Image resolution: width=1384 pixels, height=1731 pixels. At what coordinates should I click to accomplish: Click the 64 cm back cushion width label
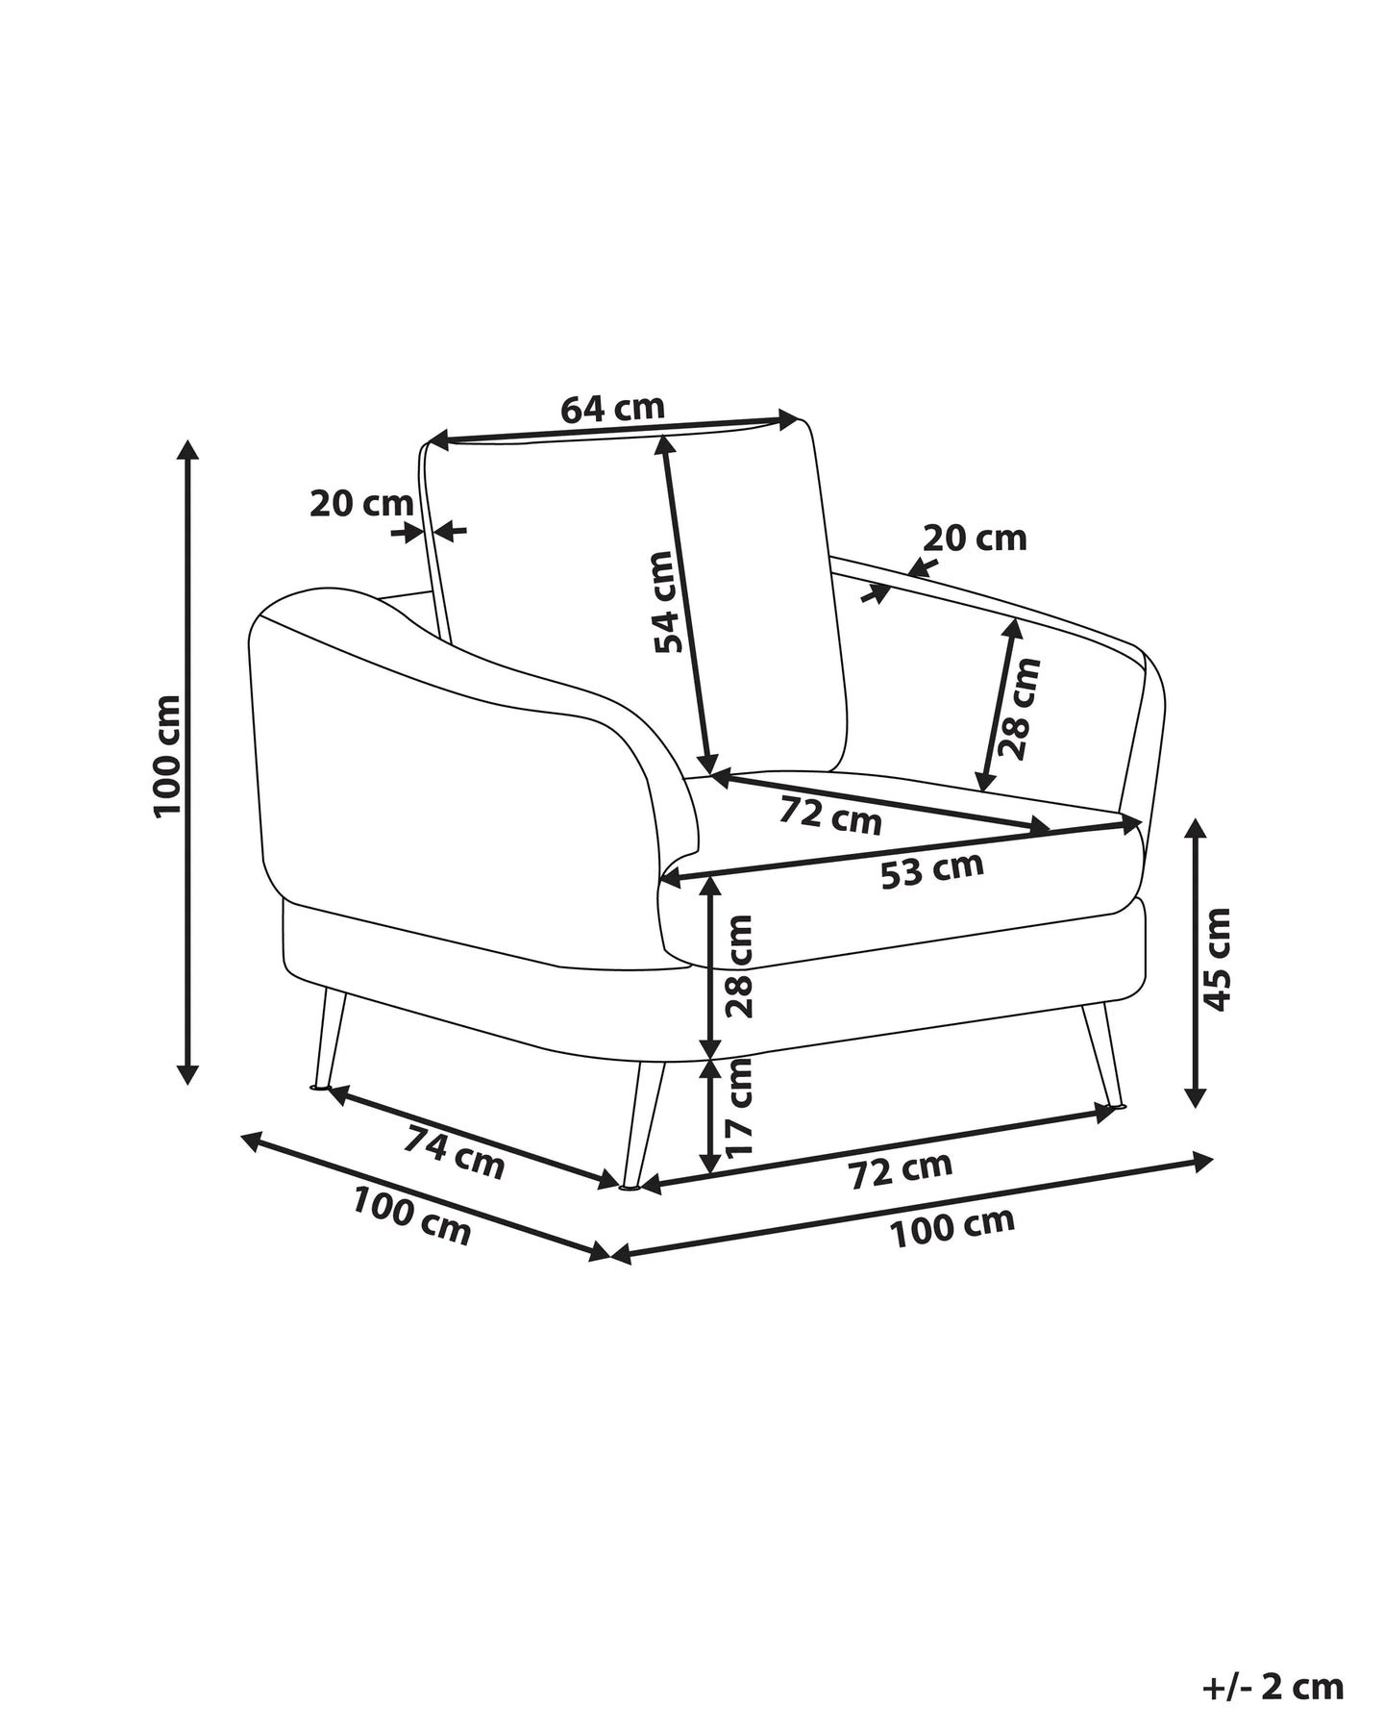pos(612,409)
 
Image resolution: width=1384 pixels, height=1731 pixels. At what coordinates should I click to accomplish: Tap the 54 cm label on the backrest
pos(670,601)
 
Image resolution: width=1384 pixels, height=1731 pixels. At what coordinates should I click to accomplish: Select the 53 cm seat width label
pos(932,869)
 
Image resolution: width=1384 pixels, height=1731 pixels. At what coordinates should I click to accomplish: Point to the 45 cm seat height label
pos(1217,959)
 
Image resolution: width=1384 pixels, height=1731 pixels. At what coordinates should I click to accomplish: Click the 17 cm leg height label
pos(740,1107)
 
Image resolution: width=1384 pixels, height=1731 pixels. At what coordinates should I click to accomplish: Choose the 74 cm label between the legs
pos(454,1152)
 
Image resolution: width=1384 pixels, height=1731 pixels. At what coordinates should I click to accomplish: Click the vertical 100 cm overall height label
pos(167,756)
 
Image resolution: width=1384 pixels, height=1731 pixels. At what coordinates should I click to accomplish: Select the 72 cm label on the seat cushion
pos(829,815)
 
